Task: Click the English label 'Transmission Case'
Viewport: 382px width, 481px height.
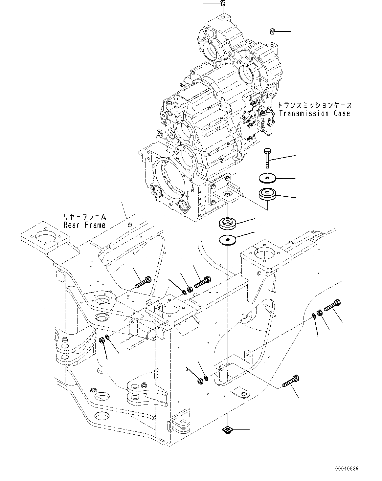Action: click(314, 114)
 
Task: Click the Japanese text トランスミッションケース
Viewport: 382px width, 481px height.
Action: click(314, 105)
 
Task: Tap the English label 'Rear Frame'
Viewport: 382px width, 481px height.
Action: click(84, 225)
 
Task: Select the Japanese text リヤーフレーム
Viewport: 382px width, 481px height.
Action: click(85, 217)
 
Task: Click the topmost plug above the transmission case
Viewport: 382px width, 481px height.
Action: click(222, 4)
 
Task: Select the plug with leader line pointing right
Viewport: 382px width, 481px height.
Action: click(272, 32)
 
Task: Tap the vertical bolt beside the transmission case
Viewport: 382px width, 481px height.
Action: click(266, 158)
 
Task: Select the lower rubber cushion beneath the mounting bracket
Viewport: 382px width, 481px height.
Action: click(227, 224)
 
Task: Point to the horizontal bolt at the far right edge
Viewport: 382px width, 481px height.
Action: click(332, 305)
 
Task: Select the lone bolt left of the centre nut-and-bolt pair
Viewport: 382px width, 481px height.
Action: click(143, 282)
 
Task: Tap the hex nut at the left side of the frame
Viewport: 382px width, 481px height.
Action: click(101, 341)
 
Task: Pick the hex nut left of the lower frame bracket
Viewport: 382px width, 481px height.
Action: click(200, 381)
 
